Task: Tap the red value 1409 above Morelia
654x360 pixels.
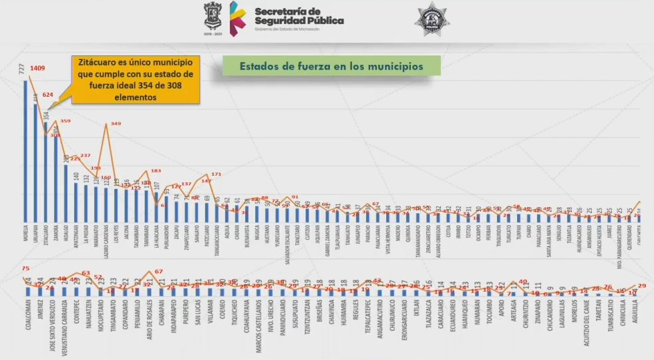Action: [x=37, y=68]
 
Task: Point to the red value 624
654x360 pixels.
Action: [x=48, y=95]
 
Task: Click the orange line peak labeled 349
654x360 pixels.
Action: [x=115, y=124]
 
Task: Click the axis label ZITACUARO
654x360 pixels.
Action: [x=45, y=235]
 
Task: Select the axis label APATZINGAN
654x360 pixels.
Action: [x=76, y=236]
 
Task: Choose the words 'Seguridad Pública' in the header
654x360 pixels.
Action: [x=299, y=21]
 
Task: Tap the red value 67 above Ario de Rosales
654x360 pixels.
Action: [x=159, y=272]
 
